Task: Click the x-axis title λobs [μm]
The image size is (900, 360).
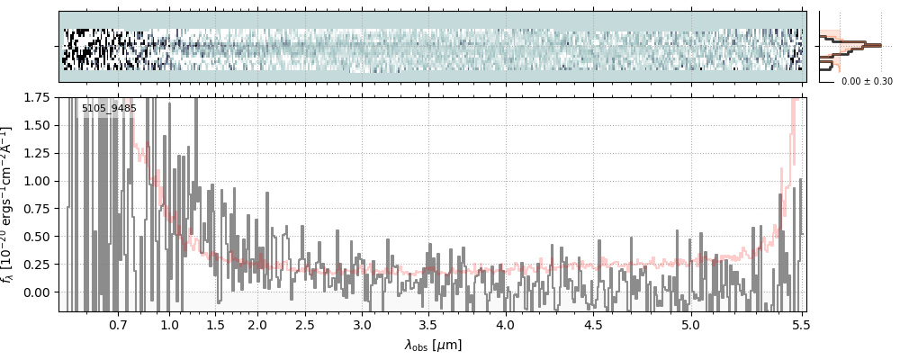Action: coord(433,344)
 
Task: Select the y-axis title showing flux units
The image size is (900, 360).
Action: coord(10,204)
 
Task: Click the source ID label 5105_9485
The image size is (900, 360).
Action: coord(109,109)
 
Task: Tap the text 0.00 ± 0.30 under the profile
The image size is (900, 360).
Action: coord(867,82)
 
